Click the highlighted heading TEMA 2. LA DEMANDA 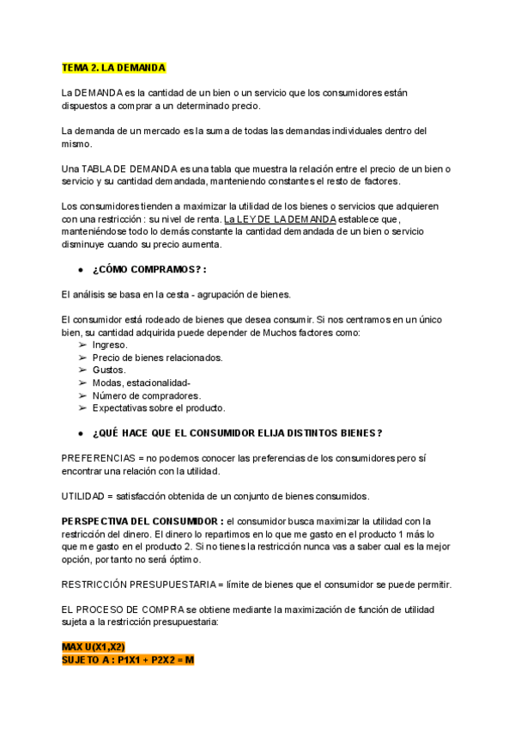(x=113, y=67)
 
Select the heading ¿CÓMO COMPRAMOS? (x=149, y=269)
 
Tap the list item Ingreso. (x=110, y=345)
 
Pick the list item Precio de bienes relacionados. (x=157, y=358)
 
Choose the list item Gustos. (x=109, y=370)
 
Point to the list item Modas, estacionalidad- (x=142, y=383)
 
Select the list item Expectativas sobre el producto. (x=159, y=407)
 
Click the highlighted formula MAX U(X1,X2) (x=94, y=647)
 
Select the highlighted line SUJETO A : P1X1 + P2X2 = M (x=128, y=660)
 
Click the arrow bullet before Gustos (x=82, y=370)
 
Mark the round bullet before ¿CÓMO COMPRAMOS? (x=81, y=270)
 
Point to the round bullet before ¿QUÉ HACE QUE (x=81, y=433)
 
